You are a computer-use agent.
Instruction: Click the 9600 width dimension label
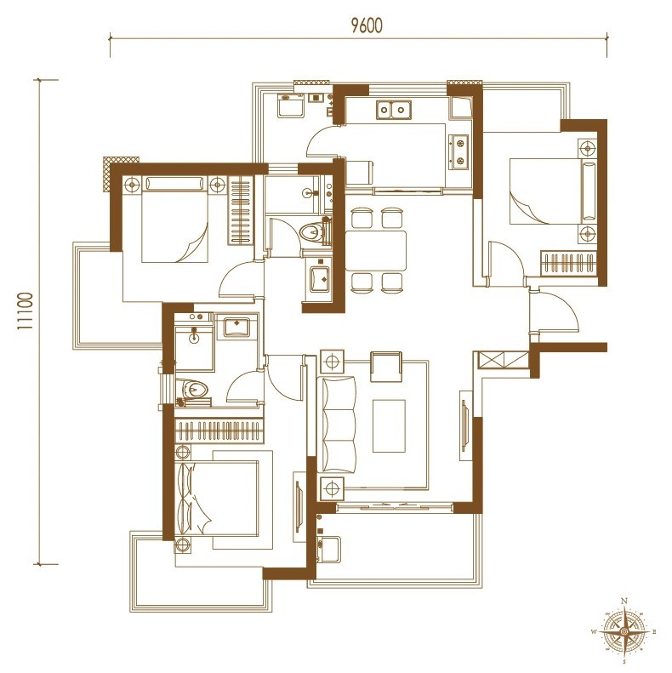(x=367, y=26)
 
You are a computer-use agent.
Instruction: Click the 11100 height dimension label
(x=26, y=311)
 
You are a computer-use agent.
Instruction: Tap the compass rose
(x=625, y=632)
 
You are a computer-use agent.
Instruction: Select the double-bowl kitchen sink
(x=394, y=110)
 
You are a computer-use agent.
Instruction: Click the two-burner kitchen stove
(x=458, y=151)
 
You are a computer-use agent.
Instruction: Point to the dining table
(x=376, y=251)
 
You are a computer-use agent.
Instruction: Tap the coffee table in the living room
(x=389, y=425)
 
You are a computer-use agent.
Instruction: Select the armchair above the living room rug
(x=386, y=366)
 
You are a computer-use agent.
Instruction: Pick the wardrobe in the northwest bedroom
(x=241, y=211)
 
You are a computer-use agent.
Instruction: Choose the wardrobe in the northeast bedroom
(x=568, y=263)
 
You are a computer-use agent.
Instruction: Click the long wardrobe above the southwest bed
(x=219, y=430)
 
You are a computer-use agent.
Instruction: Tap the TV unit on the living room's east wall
(x=465, y=425)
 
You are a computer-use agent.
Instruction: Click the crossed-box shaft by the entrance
(x=503, y=360)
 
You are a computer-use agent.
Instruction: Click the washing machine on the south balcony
(x=328, y=549)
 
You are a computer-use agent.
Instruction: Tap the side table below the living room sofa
(x=332, y=489)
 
